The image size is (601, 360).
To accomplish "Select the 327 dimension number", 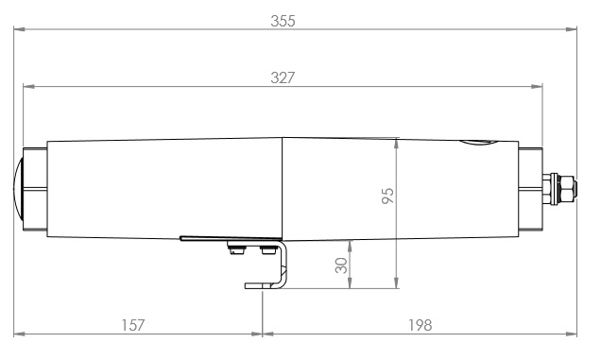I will pos(282,78).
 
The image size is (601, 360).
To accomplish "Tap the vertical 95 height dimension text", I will pos(387,196).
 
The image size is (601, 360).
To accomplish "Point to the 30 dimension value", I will pos(342,266).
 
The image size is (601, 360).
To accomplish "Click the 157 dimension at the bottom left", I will pos(133,324).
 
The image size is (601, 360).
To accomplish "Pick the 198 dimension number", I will pos(419,324).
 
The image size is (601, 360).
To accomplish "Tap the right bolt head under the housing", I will pos(262,249).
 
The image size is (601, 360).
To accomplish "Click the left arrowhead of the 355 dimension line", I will pos(18,30).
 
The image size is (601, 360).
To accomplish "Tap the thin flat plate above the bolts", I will pos(232,238).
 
